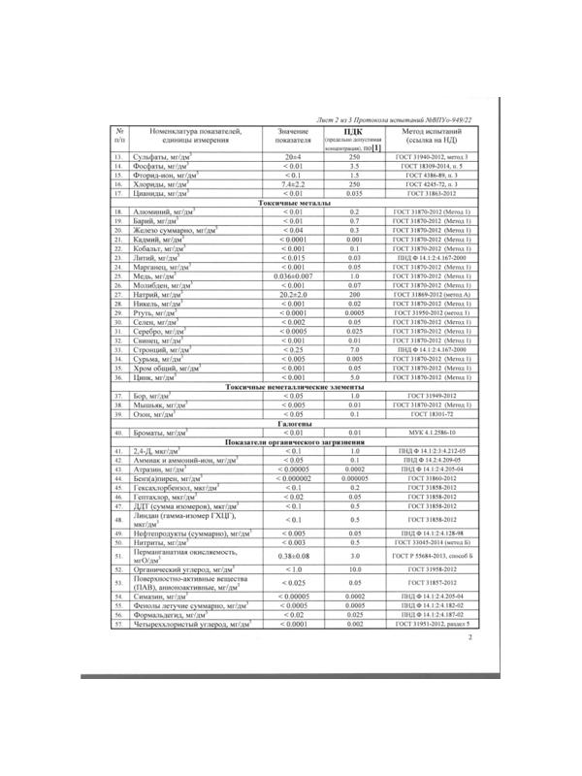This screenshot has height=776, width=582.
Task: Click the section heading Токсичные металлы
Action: [293, 202]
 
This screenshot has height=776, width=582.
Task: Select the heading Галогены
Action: [293, 424]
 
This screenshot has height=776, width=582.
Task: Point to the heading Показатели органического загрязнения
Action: [293, 442]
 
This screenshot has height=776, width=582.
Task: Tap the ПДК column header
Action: [354, 131]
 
